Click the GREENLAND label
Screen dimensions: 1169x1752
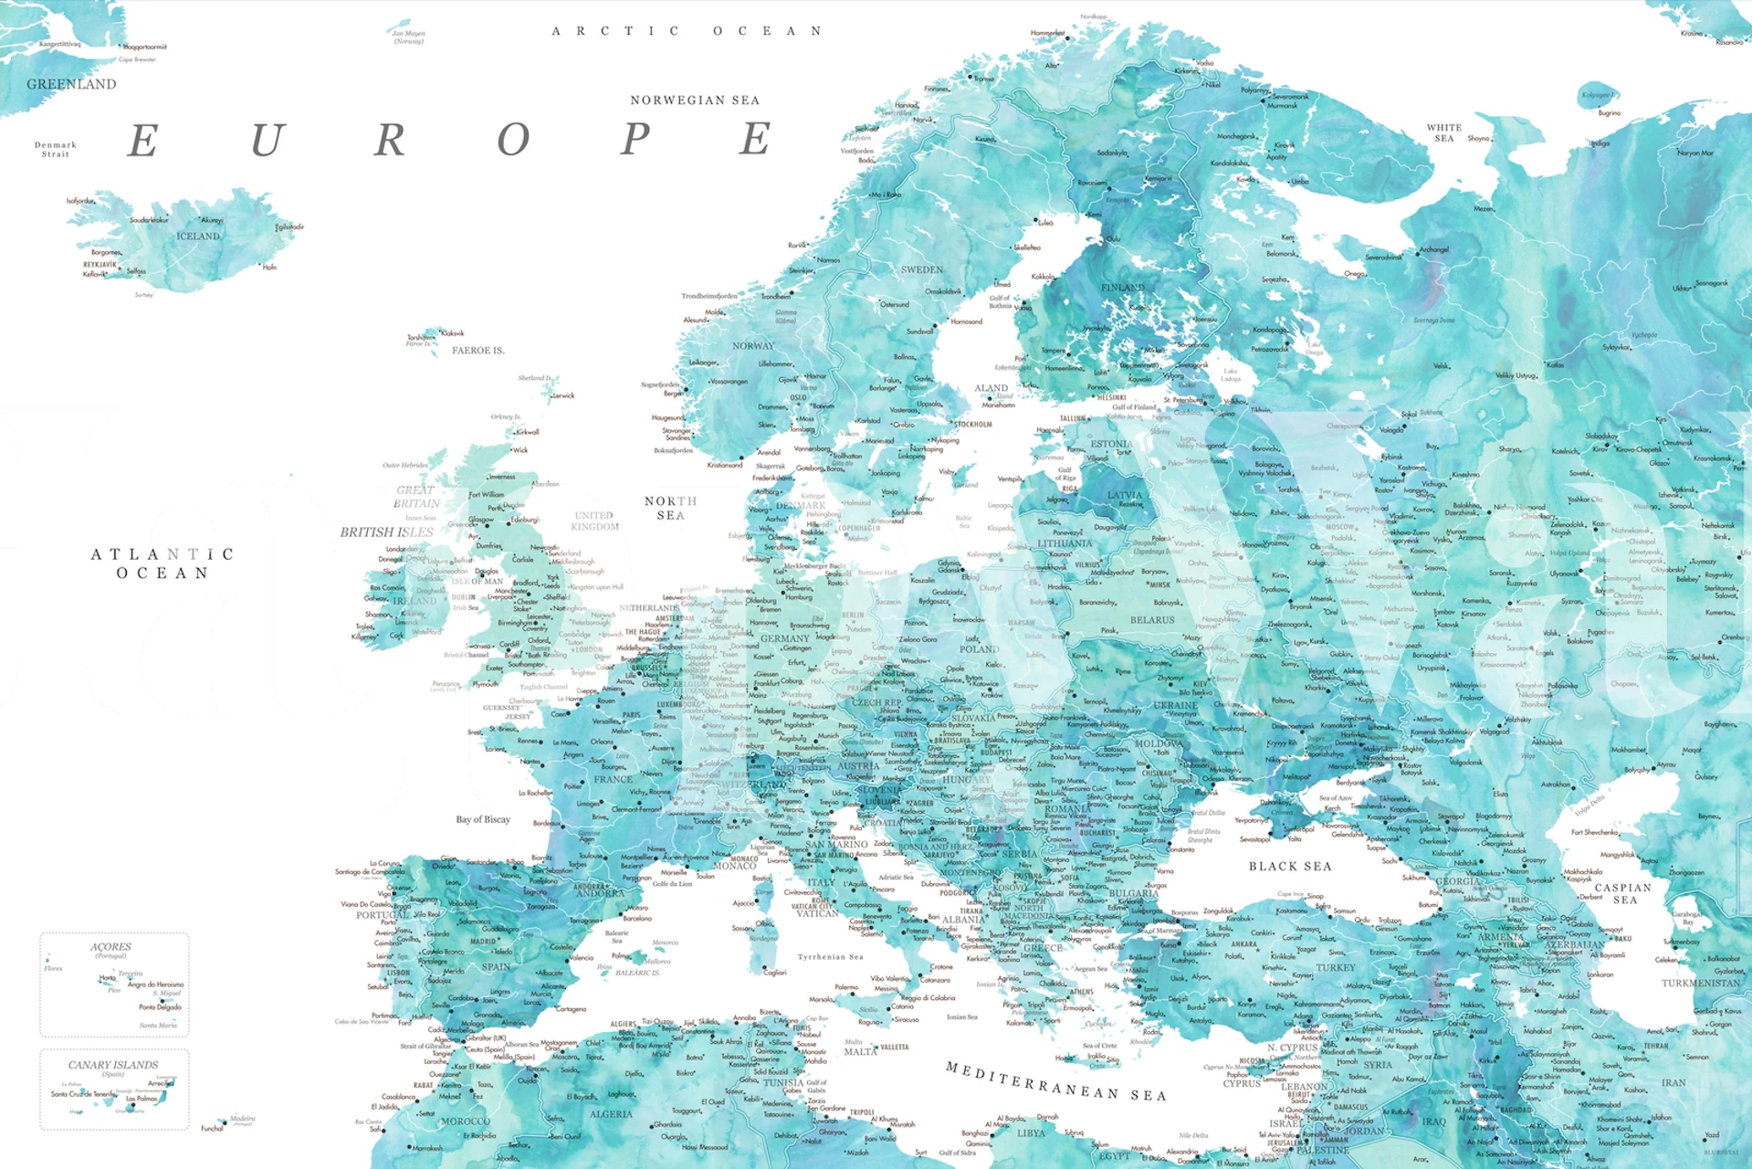[x=71, y=84]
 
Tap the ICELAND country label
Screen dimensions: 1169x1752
[x=198, y=236]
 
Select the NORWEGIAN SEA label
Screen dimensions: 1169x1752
[x=694, y=100]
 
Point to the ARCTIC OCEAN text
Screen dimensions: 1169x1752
[x=687, y=31]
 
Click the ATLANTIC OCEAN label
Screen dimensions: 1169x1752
[x=163, y=563]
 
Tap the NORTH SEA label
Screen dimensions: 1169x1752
[x=670, y=508]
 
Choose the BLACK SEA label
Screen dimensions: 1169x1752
[x=1290, y=866]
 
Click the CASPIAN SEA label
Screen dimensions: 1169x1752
[x=1623, y=893]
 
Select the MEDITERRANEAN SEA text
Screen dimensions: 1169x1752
[x=1055, y=1080]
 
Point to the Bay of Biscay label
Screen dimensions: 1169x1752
[x=483, y=819]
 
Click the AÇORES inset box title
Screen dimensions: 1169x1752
[x=110, y=947]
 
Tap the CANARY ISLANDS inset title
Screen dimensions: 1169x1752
[x=113, y=1065]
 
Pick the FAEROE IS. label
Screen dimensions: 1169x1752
[x=477, y=351]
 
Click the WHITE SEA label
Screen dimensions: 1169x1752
[x=1444, y=132]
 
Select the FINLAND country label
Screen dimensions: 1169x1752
[x=1122, y=288]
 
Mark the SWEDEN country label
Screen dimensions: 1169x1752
[x=922, y=269]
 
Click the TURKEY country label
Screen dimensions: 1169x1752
[x=1336, y=967]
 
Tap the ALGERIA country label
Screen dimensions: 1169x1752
[x=611, y=1114]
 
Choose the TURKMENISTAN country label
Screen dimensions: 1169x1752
[x=1701, y=984]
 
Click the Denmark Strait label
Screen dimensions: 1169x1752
[x=56, y=149]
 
